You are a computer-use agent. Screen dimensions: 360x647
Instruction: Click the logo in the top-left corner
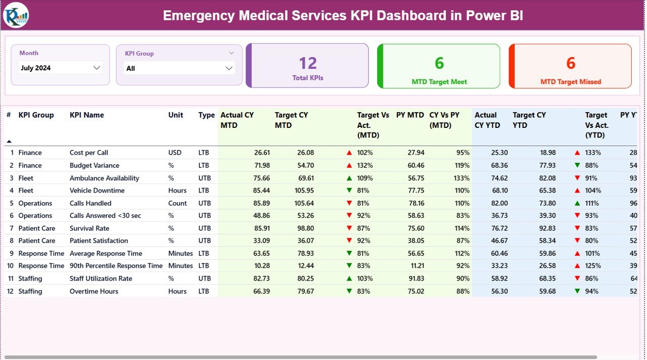point(16,15)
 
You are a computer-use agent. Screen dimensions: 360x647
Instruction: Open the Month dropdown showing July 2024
point(60,68)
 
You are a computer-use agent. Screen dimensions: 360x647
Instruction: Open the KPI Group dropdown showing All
point(179,68)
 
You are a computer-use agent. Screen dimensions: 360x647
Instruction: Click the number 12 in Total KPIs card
point(307,63)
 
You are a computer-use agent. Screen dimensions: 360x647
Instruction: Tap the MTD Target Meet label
point(439,82)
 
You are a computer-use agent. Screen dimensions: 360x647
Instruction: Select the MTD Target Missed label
point(571,82)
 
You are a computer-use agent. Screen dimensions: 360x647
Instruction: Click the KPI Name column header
point(86,115)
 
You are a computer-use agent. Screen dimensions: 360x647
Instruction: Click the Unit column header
point(175,115)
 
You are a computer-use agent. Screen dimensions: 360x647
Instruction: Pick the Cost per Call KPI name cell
point(89,153)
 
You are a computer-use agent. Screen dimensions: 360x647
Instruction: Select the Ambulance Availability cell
point(104,178)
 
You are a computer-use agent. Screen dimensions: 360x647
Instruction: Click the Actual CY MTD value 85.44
point(262,191)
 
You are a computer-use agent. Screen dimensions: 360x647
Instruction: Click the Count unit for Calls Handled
point(177,203)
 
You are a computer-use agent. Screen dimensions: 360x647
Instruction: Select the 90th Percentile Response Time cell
point(116,266)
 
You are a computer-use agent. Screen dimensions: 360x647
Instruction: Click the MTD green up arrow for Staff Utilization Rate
point(349,279)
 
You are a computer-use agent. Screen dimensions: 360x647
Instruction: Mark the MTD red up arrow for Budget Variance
point(349,165)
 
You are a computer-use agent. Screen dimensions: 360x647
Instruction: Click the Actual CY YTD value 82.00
point(499,203)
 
